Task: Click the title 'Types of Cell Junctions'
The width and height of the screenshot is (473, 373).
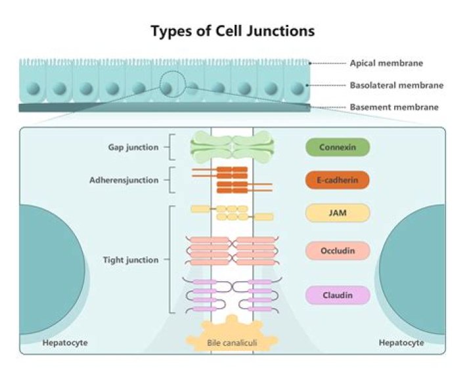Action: (x=233, y=31)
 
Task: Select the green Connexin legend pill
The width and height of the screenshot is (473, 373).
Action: (x=338, y=147)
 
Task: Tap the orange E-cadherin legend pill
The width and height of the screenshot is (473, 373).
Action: (x=338, y=180)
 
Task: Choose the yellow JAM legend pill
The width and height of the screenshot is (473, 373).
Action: (x=338, y=213)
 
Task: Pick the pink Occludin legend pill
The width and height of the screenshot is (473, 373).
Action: (x=338, y=250)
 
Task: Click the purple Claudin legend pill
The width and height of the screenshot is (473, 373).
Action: (x=338, y=295)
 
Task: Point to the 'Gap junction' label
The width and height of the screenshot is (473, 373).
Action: (x=133, y=147)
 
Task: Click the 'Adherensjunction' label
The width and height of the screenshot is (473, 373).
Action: (x=124, y=179)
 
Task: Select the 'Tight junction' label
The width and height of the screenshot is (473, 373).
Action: (x=131, y=260)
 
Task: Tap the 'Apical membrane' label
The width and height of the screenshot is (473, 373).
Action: (x=386, y=64)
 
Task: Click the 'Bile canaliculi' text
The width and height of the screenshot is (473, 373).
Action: (x=231, y=343)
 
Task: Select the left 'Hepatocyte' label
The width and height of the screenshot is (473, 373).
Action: (x=65, y=343)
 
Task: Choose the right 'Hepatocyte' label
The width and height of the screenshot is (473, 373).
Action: (x=401, y=343)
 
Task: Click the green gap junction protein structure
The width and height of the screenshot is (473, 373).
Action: (x=232, y=146)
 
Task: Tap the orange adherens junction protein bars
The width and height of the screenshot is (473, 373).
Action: (x=232, y=180)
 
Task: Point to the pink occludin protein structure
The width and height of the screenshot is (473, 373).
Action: (x=232, y=250)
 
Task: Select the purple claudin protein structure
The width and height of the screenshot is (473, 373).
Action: (x=232, y=295)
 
